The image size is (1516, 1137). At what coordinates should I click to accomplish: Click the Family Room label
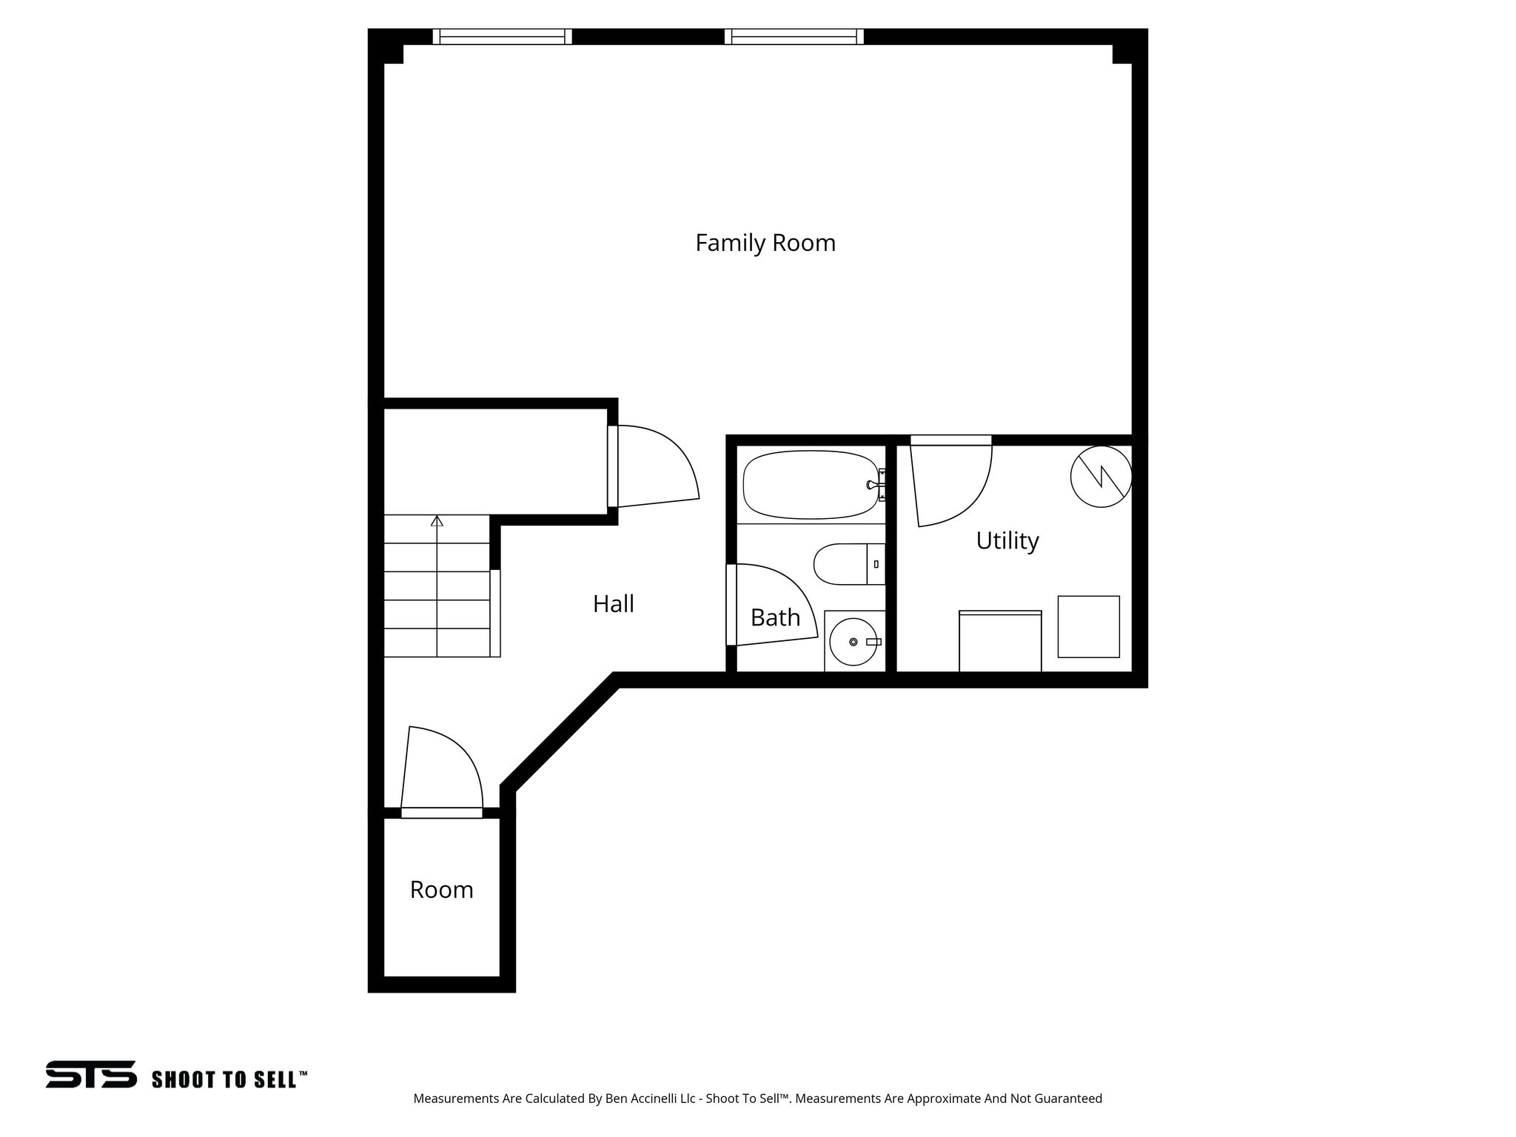pos(765,243)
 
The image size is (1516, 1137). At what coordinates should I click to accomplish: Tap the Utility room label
pos(1007,540)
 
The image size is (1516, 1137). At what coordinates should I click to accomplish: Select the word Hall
pos(613,604)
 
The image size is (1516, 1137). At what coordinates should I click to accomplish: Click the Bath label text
pos(775,617)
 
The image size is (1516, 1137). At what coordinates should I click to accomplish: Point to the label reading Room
pos(441,889)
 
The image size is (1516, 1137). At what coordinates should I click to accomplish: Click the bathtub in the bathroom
pos(810,485)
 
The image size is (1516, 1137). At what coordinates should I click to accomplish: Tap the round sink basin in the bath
pos(853,642)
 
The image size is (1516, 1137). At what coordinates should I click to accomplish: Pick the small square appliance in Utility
pos(1088,626)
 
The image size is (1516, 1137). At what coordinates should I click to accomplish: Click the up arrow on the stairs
pos(437,521)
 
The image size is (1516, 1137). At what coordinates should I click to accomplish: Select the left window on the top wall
pos(502,36)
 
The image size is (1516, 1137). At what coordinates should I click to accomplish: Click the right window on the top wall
pos(794,36)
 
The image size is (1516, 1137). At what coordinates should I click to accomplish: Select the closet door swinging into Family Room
pos(655,466)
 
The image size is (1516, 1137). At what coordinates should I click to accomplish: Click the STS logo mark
pos(91,1074)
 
